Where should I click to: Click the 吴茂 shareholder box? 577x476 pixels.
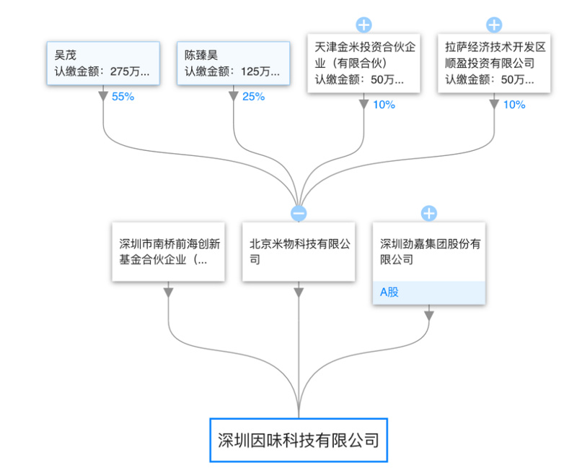point(103,64)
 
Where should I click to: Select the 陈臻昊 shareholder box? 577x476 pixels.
point(233,64)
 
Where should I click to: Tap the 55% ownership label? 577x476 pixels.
point(123,97)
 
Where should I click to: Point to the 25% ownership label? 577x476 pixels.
point(254,97)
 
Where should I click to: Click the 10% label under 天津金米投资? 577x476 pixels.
point(384,105)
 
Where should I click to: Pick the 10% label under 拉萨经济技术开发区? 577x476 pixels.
point(514,105)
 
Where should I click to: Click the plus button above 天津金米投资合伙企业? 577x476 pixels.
point(364,25)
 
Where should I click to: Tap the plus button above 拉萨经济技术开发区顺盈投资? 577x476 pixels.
point(494,25)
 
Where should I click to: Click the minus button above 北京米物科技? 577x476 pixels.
point(299,213)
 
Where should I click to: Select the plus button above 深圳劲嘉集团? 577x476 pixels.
point(429,213)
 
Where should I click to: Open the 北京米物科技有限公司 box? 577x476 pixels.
point(299,251)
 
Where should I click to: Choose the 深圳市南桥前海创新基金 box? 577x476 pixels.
point(168,251)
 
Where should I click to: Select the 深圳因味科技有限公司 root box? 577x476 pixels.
point(299,440)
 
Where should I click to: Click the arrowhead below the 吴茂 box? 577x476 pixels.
point(103,96)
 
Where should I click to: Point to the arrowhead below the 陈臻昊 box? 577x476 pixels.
point(233,96)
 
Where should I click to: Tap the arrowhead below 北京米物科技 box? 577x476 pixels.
point(299,293)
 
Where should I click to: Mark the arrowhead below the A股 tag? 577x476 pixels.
point(429,316)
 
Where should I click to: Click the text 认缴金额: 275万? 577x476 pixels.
point(102,72)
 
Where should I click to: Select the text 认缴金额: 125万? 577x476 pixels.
point(232,72)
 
